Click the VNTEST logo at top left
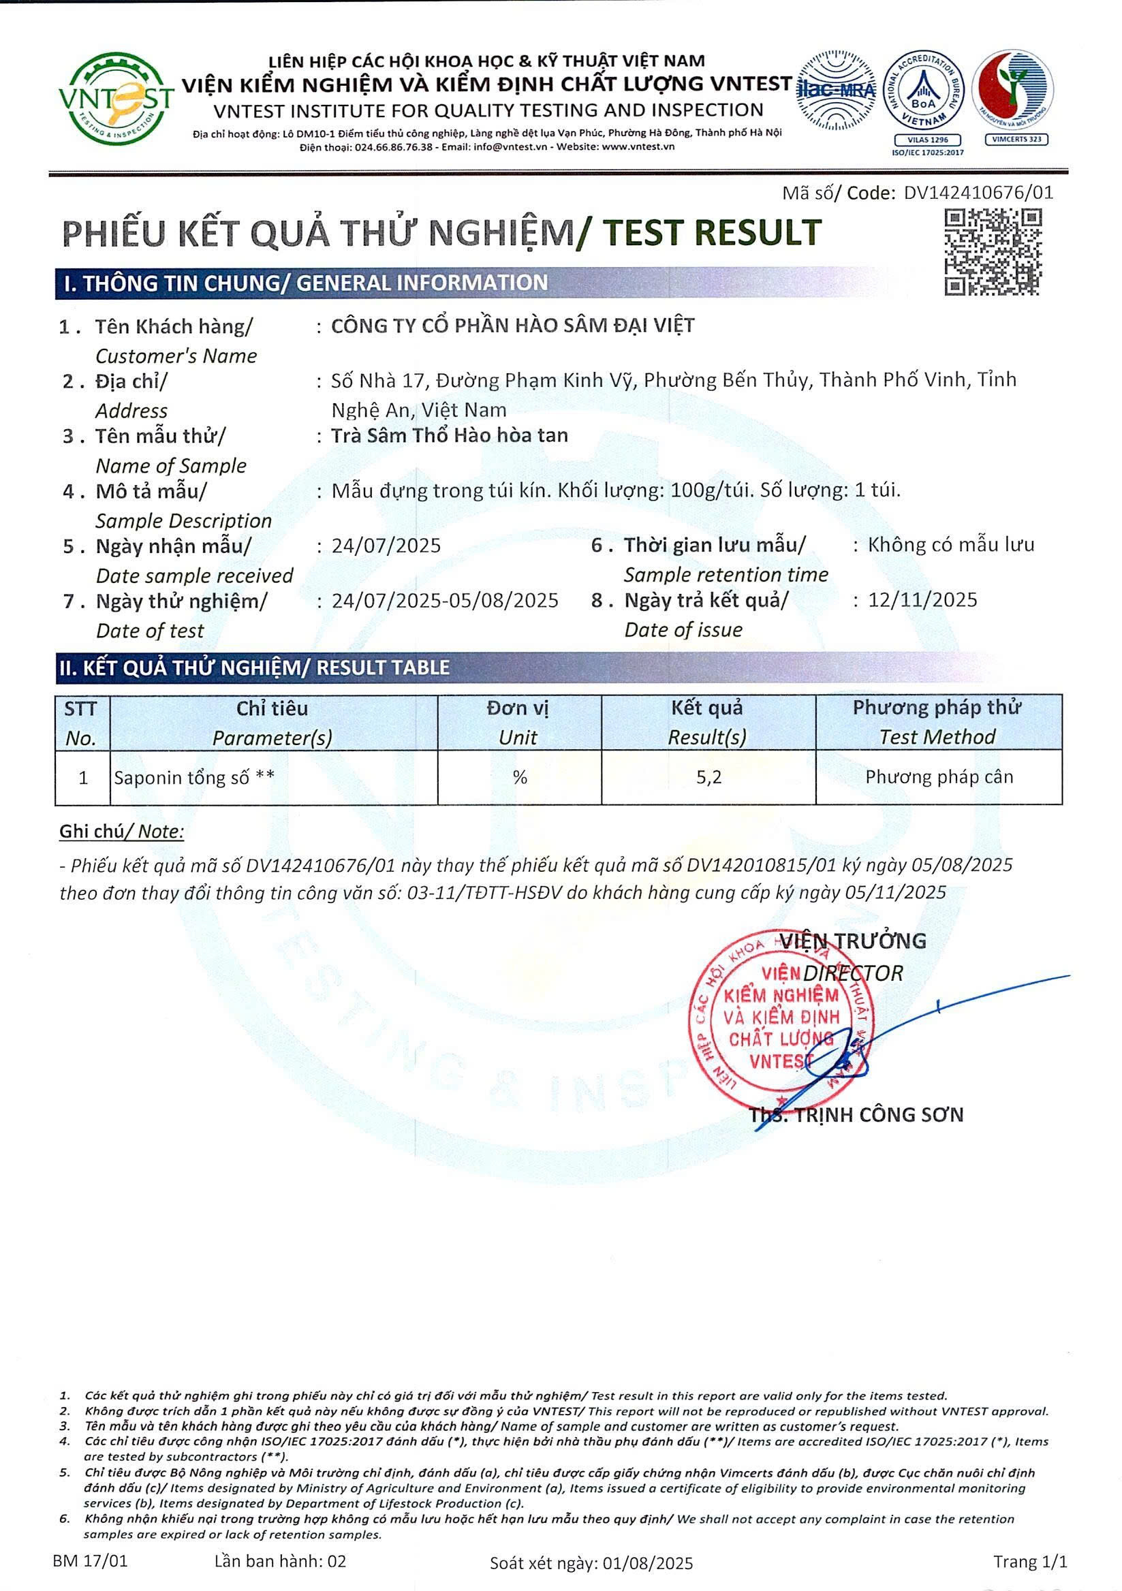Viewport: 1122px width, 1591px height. coord(115,99)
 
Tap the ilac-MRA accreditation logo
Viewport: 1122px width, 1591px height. coord(836,90)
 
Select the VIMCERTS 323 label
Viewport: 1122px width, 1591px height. coord(1016,140)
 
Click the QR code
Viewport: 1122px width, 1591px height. coord(993,252)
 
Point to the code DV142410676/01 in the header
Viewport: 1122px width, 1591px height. coord(978,193)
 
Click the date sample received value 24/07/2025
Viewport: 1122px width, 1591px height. coord(386,546)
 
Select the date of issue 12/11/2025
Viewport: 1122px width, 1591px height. coord(922,599)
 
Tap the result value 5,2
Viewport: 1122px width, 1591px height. coord(708,777)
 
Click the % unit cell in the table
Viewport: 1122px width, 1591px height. coord(520,777)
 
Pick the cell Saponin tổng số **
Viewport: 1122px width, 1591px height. coord(194,778)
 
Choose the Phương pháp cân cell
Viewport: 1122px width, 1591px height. coord(938,777)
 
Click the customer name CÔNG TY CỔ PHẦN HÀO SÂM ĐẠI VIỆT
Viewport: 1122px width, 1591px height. coord(512,326)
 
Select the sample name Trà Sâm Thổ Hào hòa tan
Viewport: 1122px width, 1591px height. coord(449,435)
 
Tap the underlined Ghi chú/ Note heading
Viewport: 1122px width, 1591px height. coord(121,831)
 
